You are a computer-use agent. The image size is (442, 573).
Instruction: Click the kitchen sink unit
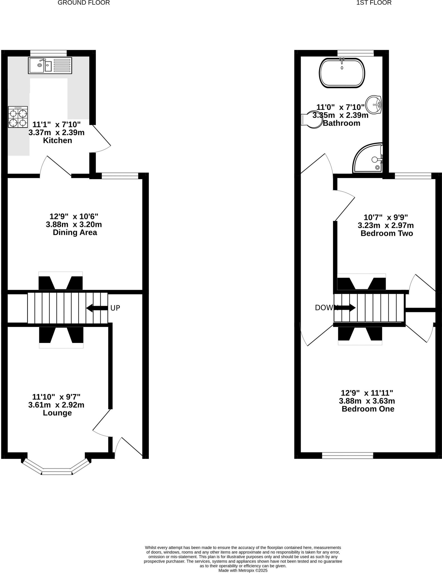pos(50,65)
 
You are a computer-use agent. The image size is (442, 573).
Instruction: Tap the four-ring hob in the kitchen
pos(18,117)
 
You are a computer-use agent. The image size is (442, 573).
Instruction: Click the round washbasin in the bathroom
pos(374,105)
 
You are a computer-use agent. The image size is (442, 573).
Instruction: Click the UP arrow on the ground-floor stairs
pos(97,308)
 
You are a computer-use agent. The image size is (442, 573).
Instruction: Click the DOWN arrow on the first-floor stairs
pos(347,308)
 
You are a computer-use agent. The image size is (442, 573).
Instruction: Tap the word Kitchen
pos(57,140)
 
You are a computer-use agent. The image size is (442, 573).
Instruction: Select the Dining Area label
pos(75,233)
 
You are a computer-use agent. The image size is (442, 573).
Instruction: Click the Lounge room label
pos(57,413)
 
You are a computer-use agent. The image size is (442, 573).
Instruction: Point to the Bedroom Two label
pos(387,233)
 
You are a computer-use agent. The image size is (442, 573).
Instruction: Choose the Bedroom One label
pos(368,409)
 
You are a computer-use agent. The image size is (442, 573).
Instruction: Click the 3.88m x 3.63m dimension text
pos(367,401)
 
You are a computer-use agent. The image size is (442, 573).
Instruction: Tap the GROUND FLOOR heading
pos(84,3)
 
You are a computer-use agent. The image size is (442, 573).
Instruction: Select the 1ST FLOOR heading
pos(374,3)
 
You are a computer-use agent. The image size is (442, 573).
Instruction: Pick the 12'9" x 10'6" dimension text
pos(74,217)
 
